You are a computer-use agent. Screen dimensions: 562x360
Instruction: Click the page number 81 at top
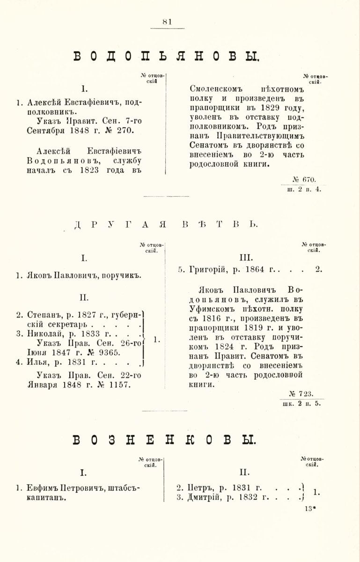(x=168, y=21)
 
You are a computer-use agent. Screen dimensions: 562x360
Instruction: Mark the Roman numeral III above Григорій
(x=246, y=257)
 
